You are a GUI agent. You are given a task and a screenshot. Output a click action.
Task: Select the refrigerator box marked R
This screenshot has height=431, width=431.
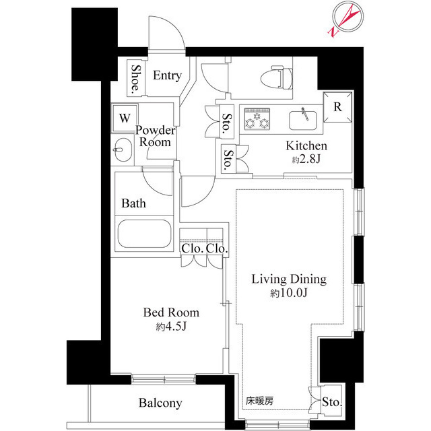pyautogui.click(x=337, y=106)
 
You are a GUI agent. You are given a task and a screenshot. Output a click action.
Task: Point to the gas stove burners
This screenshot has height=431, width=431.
pyautogui.click(x=257, y=119)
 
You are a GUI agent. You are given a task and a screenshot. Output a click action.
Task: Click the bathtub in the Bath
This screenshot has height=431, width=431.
pyautogui.click(x=145, y=234)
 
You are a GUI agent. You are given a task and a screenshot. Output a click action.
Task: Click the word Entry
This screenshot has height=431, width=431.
pyautogui.click(x=166, y=75)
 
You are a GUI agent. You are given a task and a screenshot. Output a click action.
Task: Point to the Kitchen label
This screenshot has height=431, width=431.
pyautogui.click(x=306, y=146)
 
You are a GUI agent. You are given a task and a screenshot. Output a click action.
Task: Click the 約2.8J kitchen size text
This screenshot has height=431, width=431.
pyautogui.click(x=306, y=160)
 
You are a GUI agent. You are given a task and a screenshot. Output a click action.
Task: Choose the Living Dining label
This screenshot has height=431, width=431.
pyautogui.click(x=289, y=279)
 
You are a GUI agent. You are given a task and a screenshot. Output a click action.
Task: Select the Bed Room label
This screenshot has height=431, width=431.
pyautogui.click(x=171, y=313)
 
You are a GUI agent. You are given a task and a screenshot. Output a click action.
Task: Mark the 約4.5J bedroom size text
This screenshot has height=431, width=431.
pyautogui.click(x=171, y=327)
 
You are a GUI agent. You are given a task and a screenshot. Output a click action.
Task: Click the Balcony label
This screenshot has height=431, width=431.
pyautogui.click(x=160, y=403)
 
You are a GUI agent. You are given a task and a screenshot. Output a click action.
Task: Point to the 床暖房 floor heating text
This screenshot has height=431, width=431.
pyautogui.click(x=259, y=401)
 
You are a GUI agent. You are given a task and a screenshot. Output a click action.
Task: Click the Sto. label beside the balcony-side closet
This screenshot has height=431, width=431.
pyautogui.click(x=331, y=403)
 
